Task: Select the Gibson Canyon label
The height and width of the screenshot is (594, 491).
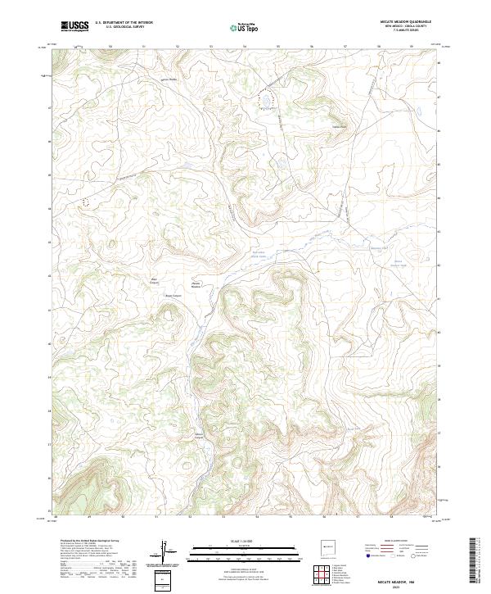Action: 197,434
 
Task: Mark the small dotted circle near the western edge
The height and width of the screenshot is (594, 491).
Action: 83,200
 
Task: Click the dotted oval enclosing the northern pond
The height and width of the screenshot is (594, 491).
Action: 266,101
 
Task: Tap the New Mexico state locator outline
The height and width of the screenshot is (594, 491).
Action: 323,547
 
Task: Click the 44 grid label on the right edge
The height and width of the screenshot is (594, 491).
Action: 441,197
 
